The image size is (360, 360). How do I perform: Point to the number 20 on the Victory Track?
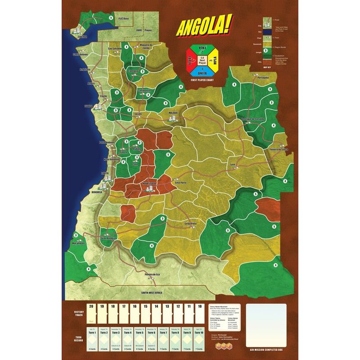pyautogui.click(x=92, y=307)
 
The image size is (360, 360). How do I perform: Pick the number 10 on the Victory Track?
pyautogui.click(x=200, y=307)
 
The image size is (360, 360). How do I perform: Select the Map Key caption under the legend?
pyautogui.click(x=266, y=67)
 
